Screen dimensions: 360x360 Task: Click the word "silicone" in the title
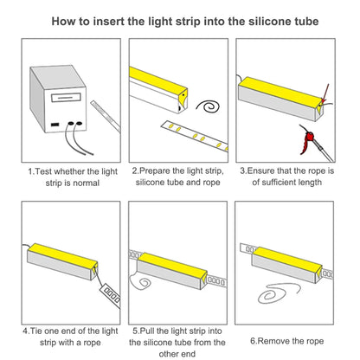(269, 22)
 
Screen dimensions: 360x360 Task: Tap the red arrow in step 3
(325, 93)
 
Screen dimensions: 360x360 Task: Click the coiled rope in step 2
(209, 106)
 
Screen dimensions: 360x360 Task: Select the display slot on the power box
(66, 98)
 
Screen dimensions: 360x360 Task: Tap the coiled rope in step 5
(140, 280)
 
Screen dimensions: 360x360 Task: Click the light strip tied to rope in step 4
(111, 295)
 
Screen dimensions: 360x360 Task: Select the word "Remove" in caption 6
(273, 341)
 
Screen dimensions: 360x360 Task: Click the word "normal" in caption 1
(87, 183)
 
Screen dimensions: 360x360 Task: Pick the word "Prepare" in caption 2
(155, 171)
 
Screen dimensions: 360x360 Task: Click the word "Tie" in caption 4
(35, 331)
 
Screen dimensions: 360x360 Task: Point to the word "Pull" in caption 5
(147, 331)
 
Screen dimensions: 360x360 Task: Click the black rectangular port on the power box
(55, 125)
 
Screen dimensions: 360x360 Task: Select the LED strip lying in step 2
(195, 136)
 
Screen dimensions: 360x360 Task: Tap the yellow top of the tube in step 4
(62, 255)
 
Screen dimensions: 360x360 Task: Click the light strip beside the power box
(106, 117)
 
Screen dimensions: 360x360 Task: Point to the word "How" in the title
(61, 22)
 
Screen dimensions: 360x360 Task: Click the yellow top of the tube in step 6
(287, 259)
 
